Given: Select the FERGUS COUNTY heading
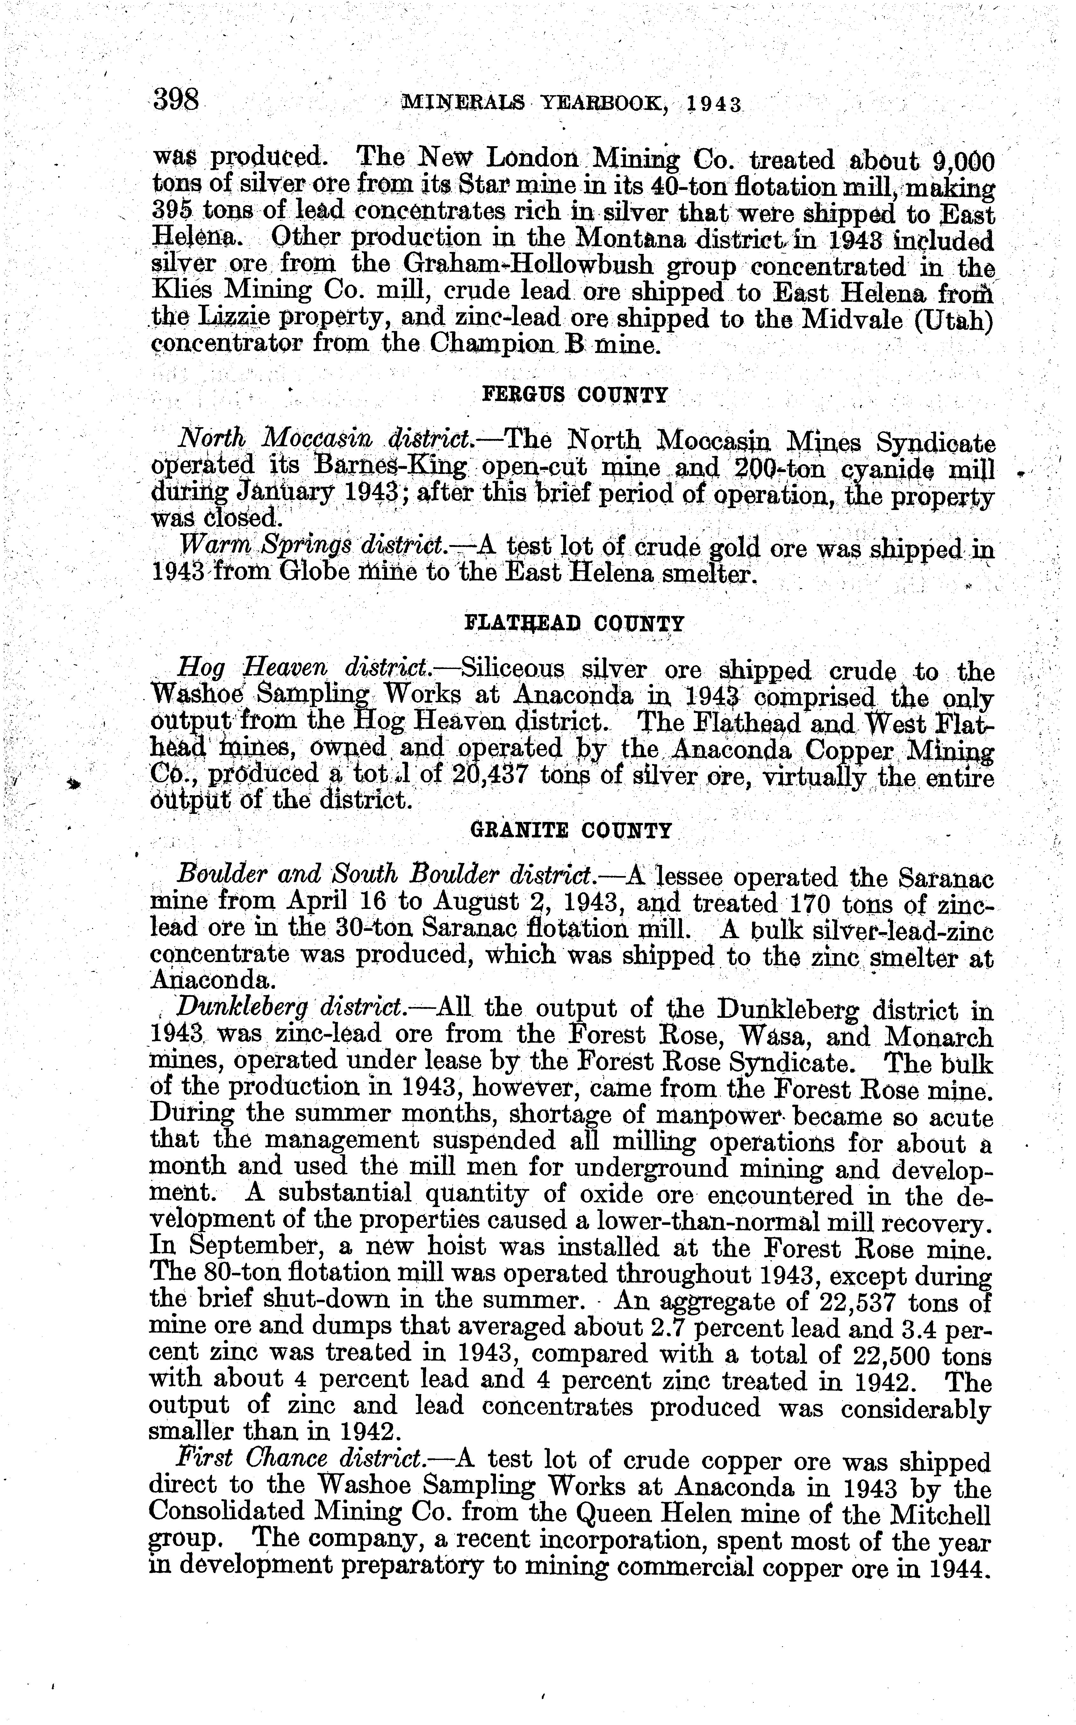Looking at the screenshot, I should [x=575, y=395].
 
